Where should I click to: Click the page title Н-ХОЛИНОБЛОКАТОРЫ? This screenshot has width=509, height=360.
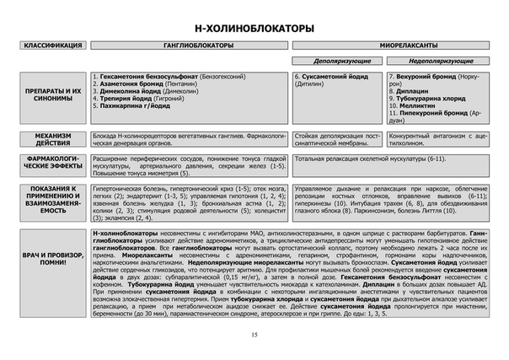coord(254,29)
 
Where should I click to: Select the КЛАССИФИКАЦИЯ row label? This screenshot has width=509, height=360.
coord(52,45)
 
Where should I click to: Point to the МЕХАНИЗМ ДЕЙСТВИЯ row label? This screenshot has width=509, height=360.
coord(52,138)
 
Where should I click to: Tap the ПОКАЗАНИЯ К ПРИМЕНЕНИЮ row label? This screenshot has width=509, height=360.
coord(52,201)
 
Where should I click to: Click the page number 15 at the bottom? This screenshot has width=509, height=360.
coord(254,336)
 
